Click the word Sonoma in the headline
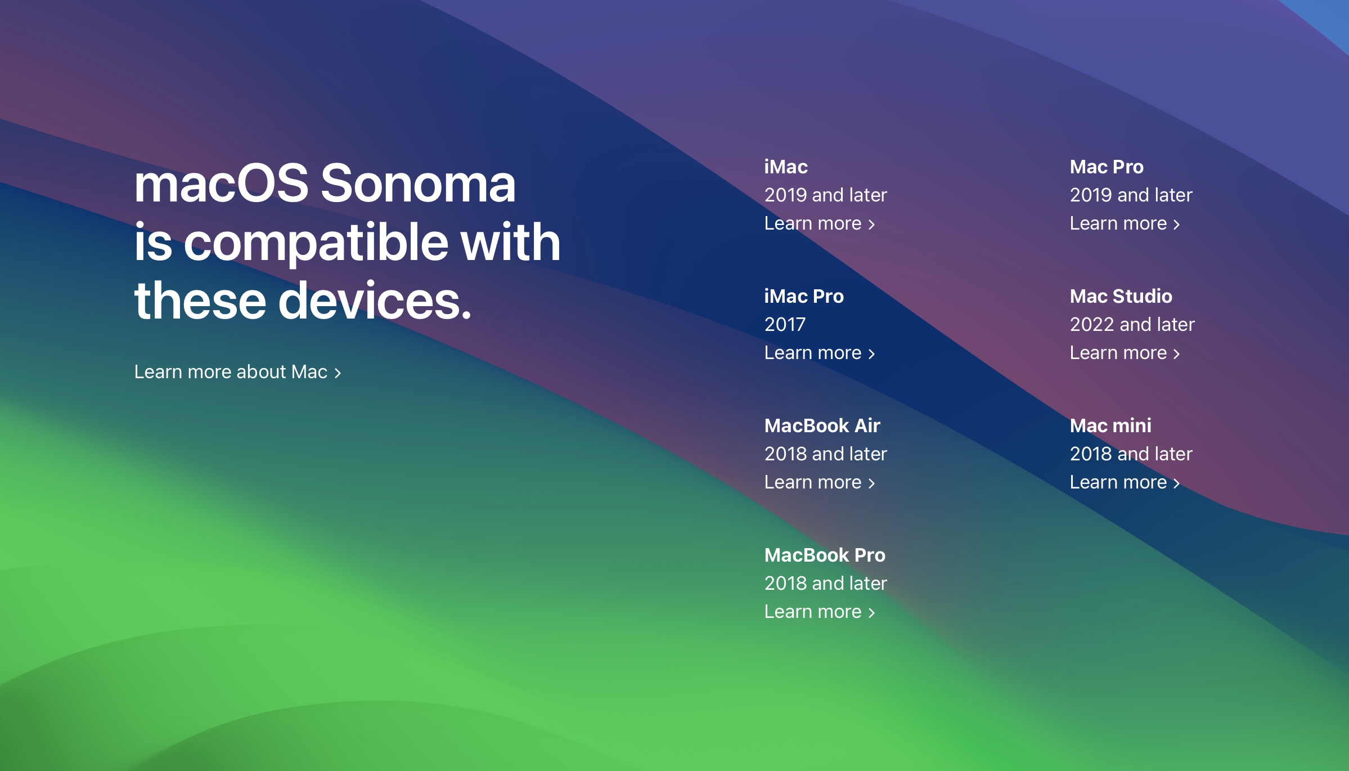click(x=418, y=183)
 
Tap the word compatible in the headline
click(x=317, y=244)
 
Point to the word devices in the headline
click(x=375, y=301)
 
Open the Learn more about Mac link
click(x=237, y=372)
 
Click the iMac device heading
click(x=786, y=167)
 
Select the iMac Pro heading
click(x=804, y=297)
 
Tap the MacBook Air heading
click(x=822, y=426)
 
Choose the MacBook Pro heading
click(x=825, y=555)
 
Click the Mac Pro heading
click(x=1107, y=167)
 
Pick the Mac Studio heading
click(x=1121, y=297)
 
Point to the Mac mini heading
click(x=1110, y=426)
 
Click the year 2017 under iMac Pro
click(x=785, y=325)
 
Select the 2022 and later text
click(x=1132, y=325)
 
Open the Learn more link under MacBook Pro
click(x=820, y=612)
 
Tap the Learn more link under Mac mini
click(x=1125, y=482)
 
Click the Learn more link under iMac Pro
click(x=820, y=353)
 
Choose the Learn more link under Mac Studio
click(x=1125, y=353)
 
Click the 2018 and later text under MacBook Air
click(x=825, y=454)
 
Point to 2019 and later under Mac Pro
click(x=1131, y=195)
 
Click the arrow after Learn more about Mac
click(x=338, y=373)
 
